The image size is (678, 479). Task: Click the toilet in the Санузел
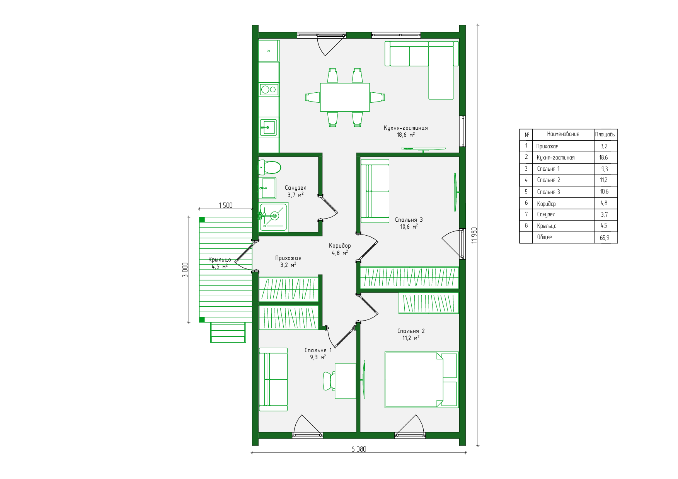(269, 168)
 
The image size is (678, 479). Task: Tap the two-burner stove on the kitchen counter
(269, 90)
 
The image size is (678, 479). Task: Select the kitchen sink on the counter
(269, 127)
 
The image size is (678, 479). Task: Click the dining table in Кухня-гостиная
(345, 97)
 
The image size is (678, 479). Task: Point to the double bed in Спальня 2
(422, 380)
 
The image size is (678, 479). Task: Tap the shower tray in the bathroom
(273, 217)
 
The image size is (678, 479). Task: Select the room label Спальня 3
(409, 220)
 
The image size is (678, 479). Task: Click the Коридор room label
(340, 246)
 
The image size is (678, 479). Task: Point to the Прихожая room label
(288, 258)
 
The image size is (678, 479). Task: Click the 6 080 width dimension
(359, 449)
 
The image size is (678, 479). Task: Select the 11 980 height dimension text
(474, 235)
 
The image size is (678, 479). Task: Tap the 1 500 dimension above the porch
(226, 206)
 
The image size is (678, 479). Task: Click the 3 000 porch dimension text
(185, 270)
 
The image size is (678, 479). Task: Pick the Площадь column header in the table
(605, 134)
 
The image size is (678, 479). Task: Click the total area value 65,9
(605, 238)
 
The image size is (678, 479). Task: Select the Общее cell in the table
(544, 237)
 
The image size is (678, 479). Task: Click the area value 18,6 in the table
(604, 158)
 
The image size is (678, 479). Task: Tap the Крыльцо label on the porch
(220, 260)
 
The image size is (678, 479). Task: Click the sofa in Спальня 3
(375, 191)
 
